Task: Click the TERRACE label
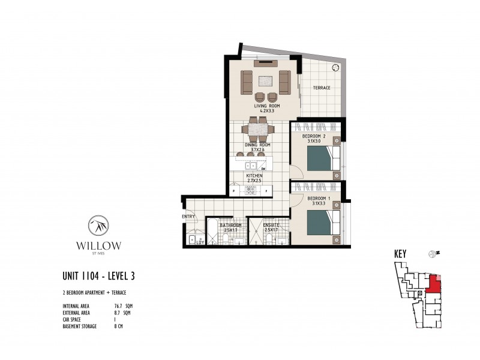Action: click(x=322, y=88)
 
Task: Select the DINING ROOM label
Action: click(x=258, y=145)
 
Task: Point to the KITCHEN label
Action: click(x=254, y=176)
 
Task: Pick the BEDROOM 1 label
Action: click(x=316, y=199)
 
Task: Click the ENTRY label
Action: click(x=188, y=217)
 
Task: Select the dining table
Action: click(x=259, y=129)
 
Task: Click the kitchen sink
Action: click(x=252, y=164)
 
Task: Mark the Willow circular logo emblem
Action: click(x=98, y=226)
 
